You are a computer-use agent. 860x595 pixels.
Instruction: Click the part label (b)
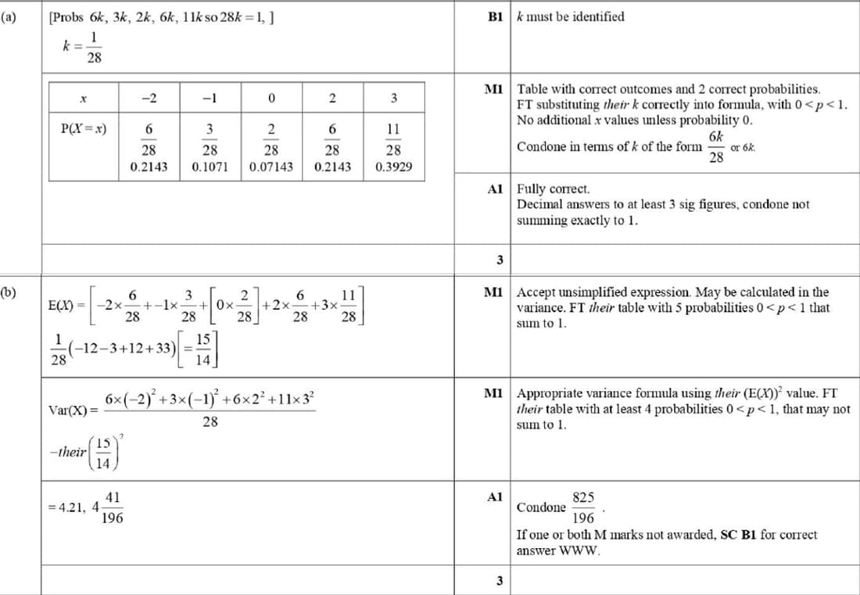pos(9,293)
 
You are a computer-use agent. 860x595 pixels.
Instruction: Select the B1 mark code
pos(494,17)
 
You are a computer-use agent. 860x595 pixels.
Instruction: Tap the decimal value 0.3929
pos(394,167)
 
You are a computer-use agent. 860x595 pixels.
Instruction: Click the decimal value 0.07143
pos(271,167)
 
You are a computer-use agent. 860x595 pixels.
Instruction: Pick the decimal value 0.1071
pos(210,167)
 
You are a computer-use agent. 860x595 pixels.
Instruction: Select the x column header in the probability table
pos(83,99)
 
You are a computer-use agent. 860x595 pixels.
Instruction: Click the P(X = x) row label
pos(84,129)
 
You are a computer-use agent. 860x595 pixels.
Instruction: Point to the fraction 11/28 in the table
pos(394,138)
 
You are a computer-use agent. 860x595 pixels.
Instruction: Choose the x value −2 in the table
pos(149,99)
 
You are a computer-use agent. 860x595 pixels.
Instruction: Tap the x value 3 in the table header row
pos(394,99)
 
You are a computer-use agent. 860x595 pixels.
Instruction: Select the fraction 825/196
pos(583,507)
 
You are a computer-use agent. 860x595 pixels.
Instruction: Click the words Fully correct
pos(554,189)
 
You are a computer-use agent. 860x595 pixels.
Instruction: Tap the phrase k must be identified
pos(571,17)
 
